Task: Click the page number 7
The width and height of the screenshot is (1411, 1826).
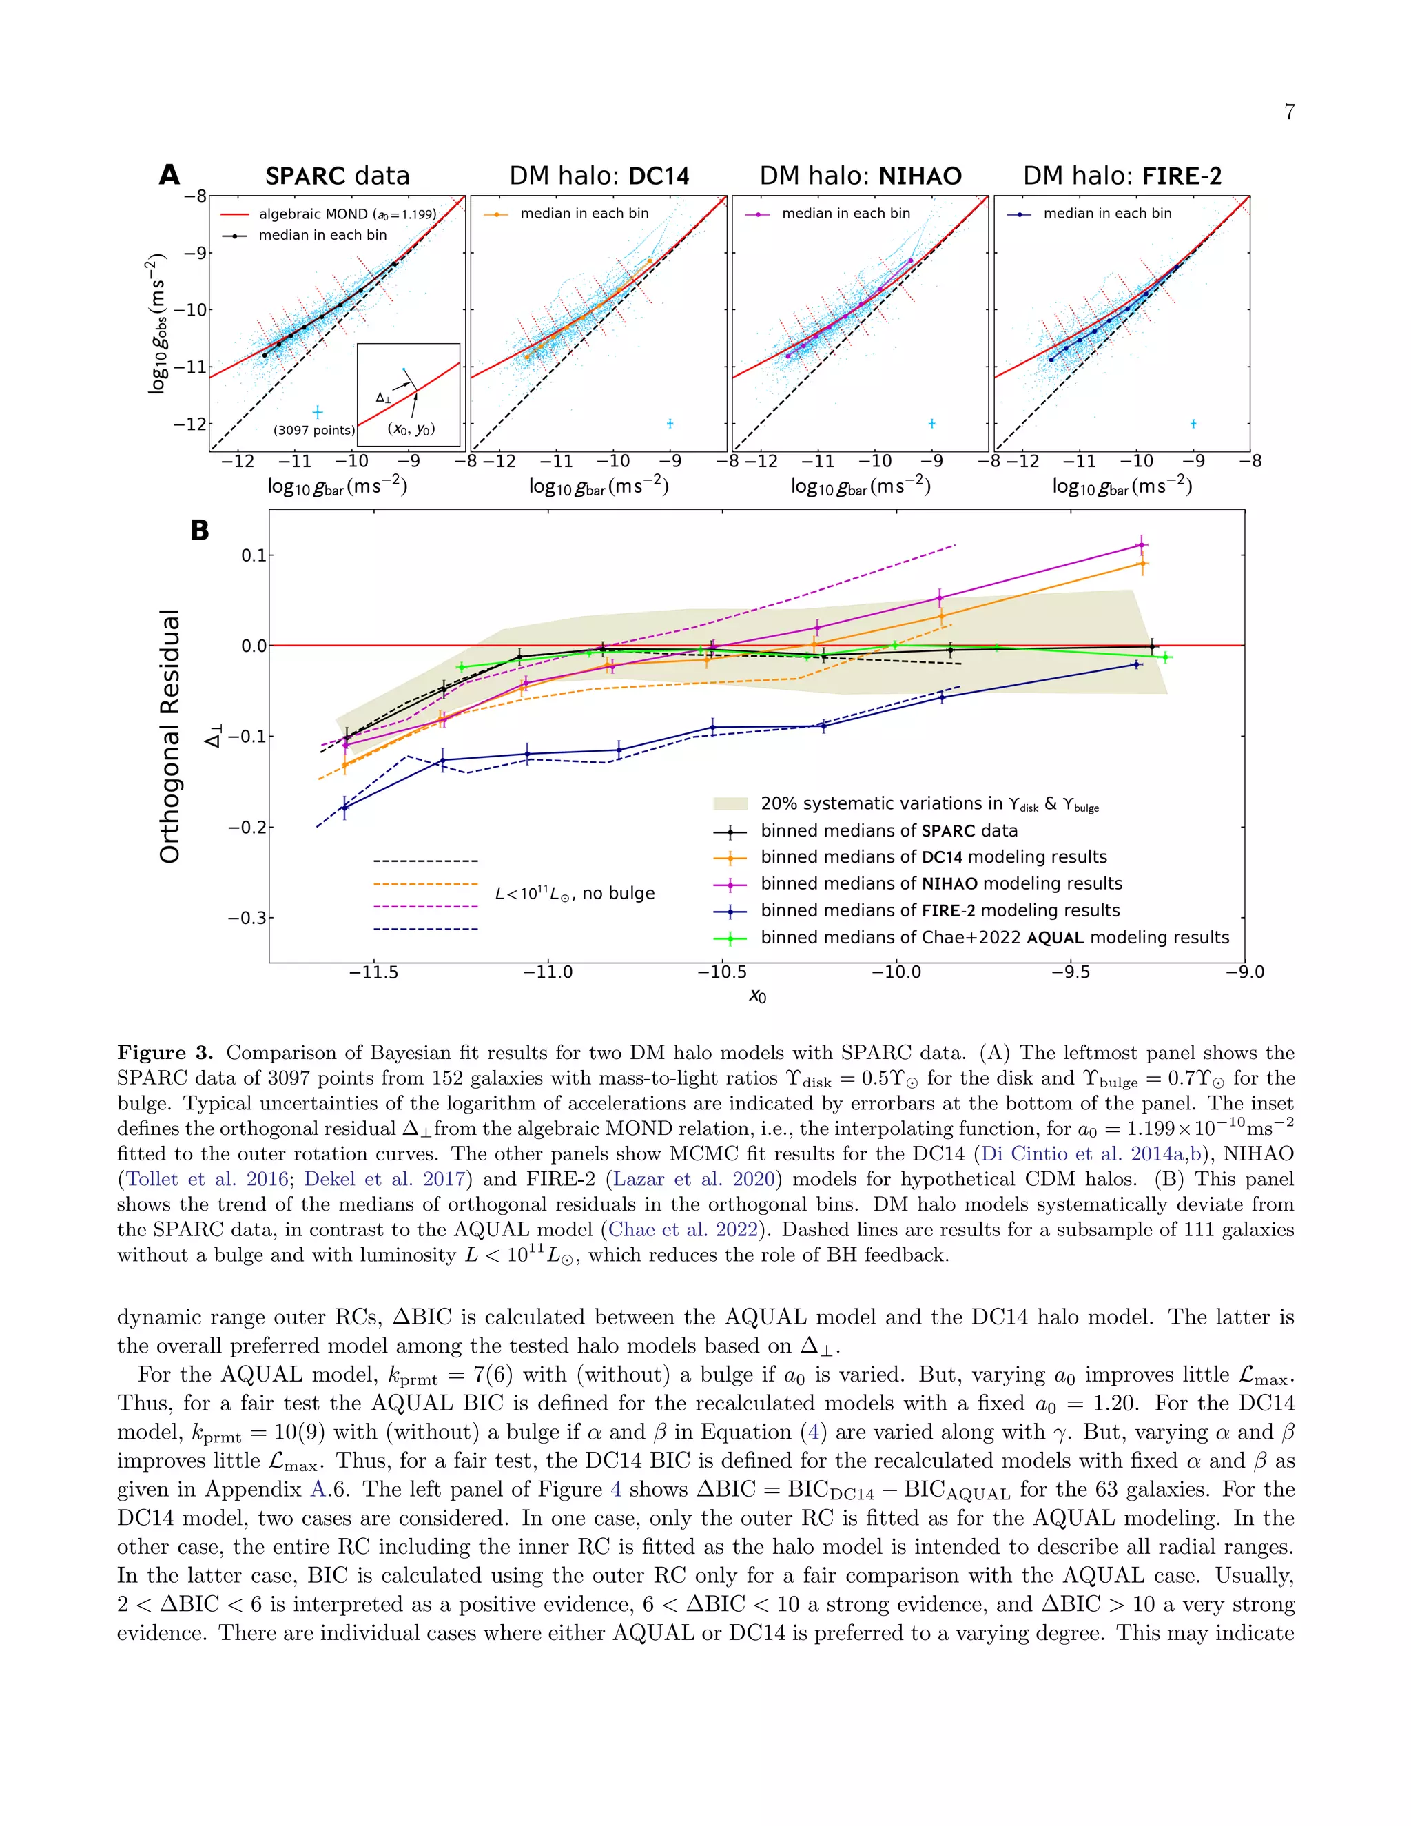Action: [1289, 112]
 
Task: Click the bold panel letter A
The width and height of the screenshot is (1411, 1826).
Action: [169, 175]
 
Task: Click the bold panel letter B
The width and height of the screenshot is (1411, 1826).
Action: [200, 530]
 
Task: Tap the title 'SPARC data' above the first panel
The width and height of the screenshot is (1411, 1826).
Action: [337, 176]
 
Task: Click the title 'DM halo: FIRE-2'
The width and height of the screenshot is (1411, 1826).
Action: [1122, 176]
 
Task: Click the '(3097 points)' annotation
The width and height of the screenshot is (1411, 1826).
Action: [313, 430]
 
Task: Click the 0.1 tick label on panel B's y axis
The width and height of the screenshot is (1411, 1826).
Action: [254, 555]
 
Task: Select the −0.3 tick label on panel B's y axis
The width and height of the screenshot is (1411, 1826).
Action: [247, 918]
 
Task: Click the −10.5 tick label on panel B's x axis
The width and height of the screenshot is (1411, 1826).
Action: [722, 972]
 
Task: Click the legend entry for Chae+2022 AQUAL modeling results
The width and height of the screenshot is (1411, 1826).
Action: [994, 937]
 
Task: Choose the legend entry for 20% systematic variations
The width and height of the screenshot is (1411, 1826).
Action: [929, 803]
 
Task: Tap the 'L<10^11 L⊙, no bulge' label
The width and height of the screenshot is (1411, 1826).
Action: [575, 893]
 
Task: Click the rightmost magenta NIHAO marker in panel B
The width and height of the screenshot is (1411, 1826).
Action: [1141, 545]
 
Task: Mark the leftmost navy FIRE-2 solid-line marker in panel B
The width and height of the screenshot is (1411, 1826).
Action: [344, 807]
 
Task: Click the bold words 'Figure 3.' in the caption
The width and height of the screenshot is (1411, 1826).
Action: [165, 1053]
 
